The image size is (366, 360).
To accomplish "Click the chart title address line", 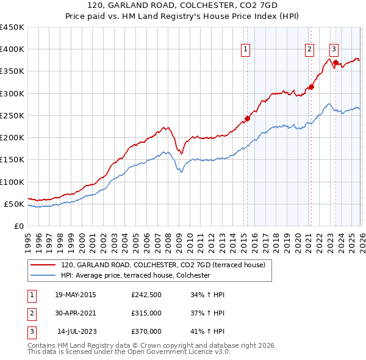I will tap(183, 5).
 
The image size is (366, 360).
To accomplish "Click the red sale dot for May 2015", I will tap(247, 118).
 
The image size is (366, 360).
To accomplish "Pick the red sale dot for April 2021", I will tap(311, 87).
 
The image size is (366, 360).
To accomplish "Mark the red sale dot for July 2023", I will tap(335, 62).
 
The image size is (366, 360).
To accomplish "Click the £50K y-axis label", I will tap(15, 204).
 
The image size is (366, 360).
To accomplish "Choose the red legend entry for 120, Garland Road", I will tap(163, 265).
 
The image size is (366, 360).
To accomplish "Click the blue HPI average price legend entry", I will tap(135, 276).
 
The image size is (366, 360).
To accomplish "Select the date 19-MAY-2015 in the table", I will tap(75, 295).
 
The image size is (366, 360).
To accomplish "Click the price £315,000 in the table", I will tap(146, 313).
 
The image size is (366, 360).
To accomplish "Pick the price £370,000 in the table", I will tap(146, 331).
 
